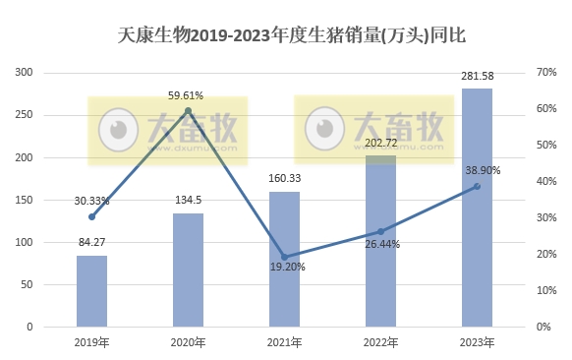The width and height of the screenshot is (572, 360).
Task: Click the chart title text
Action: pyautogui.click(x=285, y=35)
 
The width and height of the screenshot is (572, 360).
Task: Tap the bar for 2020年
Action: pyautogui.click(x=188, y=270)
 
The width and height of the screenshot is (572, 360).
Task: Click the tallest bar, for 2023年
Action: pyautogui.click(x=477, y=207)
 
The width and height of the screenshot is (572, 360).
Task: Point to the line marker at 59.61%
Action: pyautogui.click(x=188, y=110)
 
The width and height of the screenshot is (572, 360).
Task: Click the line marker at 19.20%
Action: pyautogui.click(x=284, y=257)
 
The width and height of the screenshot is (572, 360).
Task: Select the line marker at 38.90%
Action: pyautogui.click(x=477, y=186)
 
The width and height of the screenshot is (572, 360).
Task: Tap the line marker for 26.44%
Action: pyautogui.click(x=380, y=231)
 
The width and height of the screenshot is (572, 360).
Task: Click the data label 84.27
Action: pyautogui.click(x=91, y=242)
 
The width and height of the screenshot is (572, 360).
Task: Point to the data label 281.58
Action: pyautogui.click(x=477, y=76)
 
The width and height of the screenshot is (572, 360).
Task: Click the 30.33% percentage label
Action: pyautogui.click(x=91, y=201)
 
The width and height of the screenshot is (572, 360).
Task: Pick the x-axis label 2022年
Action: pyautogui.click(x=380, y=342)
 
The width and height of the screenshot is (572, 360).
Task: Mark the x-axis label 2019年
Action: pyautogui.click(x=91, y=342)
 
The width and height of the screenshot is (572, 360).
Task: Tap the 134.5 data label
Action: pyautogui.click(x=188, y=200)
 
